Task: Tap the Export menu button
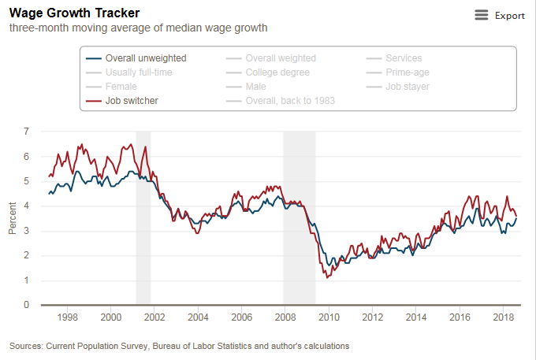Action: tap(500, 15)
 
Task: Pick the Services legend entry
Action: tap(404, 58)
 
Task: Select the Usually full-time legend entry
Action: tap(139, 72)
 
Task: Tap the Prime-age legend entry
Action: tap(407, 72)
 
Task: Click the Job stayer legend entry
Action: tap(408, 87)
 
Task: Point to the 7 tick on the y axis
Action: tap(27, 132)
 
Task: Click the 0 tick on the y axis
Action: tap(27, 305)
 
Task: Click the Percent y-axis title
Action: tap(13, 218)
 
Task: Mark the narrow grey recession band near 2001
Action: tap(143, 217)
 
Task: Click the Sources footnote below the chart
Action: tap(179, 346)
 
